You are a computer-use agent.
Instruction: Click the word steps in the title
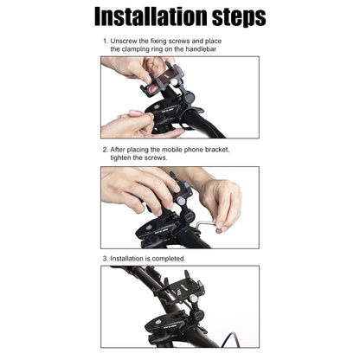click(233, 19)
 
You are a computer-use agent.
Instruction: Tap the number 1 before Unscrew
click(104, 42)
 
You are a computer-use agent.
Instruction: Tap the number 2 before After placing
click(104, 149)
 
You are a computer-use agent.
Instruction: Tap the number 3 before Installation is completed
click(104, 258)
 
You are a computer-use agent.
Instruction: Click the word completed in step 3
click(168, 258)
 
